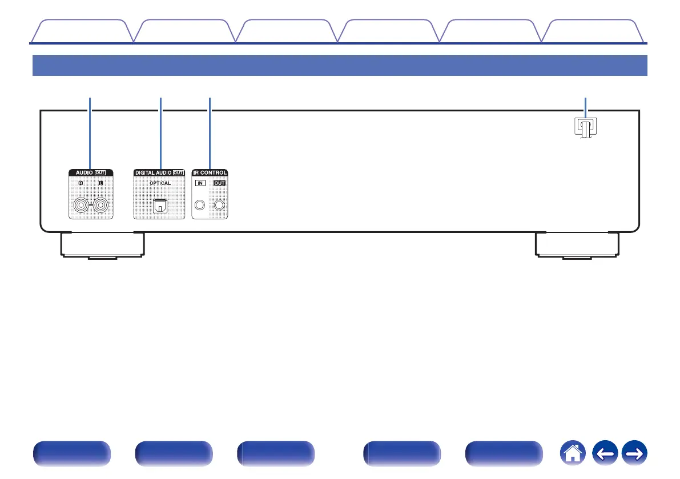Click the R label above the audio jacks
point(81,184)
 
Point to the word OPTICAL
point(160,183)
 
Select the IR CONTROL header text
point(210,172)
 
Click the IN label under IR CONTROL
point(200,184)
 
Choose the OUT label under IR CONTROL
point(219,184)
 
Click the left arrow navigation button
point(606,454)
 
